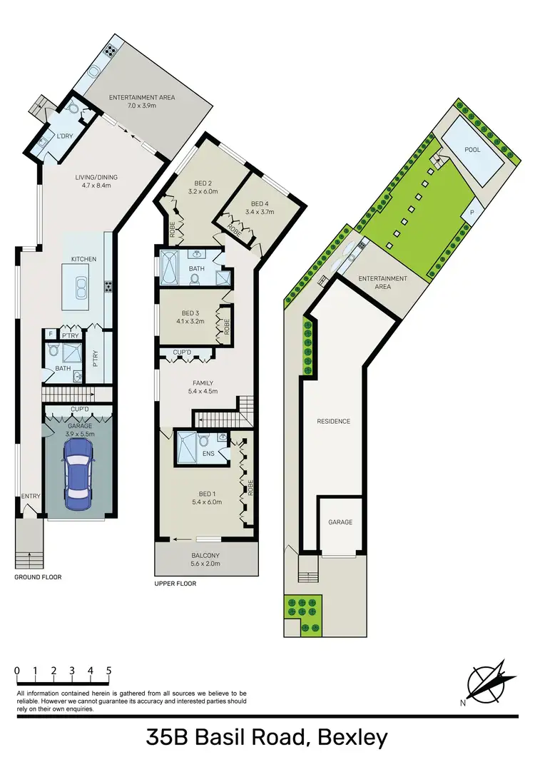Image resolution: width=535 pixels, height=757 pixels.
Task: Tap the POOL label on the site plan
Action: pos(472,150)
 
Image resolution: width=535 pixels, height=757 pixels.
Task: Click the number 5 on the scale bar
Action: pos(108,671)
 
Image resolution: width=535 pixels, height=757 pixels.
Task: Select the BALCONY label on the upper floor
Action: pos(206,555)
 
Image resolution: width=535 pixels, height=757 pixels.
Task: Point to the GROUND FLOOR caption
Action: pos(37,576)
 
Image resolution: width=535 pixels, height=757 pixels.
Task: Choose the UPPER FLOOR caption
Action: pos(175,583)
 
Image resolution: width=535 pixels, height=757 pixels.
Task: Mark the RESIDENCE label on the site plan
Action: pos(333,421)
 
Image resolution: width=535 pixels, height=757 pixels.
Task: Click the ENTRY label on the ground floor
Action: pos(31,497)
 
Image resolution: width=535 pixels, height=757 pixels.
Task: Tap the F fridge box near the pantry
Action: pos(51,334)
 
